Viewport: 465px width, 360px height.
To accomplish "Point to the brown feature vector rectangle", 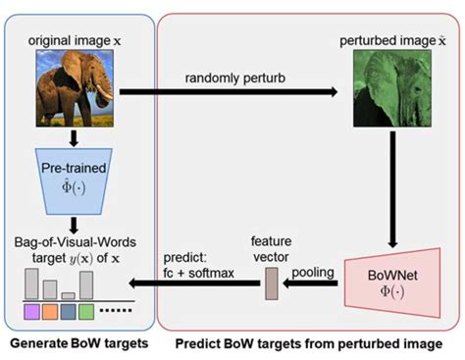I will [x=272, y=283].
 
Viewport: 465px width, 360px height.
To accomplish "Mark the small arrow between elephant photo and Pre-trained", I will [x=77, y=136].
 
